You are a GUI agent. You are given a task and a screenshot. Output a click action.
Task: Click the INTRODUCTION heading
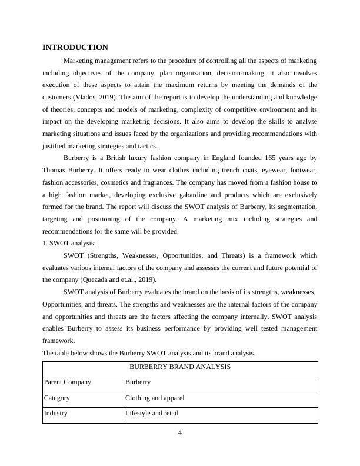(x=75, y=47)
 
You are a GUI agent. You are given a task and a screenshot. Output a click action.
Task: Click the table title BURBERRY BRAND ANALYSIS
(x=180, y=367)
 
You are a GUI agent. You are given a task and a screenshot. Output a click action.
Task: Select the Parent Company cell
(x=68, y=382)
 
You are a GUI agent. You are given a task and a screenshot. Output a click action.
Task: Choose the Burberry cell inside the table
(x=138, y=382)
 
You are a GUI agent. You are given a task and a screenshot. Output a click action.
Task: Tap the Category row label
(x=57, y=398)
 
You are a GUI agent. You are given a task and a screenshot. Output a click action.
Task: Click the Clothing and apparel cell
(x=155, y=398)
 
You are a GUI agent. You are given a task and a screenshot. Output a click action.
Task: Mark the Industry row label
(x=56, y=413)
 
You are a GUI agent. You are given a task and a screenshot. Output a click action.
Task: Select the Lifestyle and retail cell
(x=152, y=413)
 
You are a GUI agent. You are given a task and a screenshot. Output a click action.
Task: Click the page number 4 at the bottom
(x=180, y=434)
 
